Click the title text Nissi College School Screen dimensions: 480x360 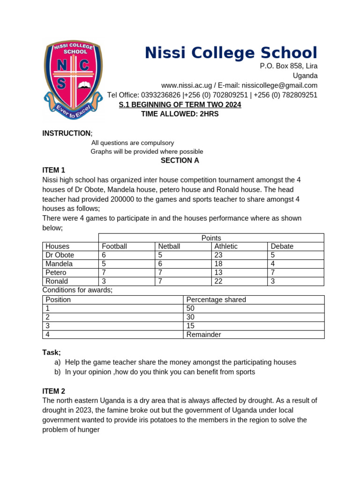click(x=231, y=52)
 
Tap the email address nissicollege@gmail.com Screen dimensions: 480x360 click(x=279, y=85)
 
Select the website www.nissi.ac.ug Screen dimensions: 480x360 click(x=186, y=85)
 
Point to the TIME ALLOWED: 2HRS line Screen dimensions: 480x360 click(x=180, y=114)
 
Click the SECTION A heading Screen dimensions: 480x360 click(x=180, y=160)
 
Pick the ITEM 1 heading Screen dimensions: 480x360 click(x=54, y=170)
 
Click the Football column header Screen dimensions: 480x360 click(x=114, y=246)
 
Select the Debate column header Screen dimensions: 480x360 click(x=282, y=246)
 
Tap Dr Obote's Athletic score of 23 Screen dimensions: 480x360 click(x=218, y=255)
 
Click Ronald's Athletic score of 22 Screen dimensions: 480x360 click(x=218, y=281)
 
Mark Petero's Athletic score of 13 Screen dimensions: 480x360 click(x=218, y=272)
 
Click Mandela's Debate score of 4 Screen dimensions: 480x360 click(x=273, y=264)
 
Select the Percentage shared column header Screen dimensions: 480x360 click(x=216, y=300)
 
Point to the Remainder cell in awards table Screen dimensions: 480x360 click(x=203, y=335)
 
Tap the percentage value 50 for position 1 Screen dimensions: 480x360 click(x=190, y=308)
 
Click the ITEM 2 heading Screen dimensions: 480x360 click(x=54, y=391)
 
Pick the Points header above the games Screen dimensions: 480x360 click(x=211, y=238)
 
